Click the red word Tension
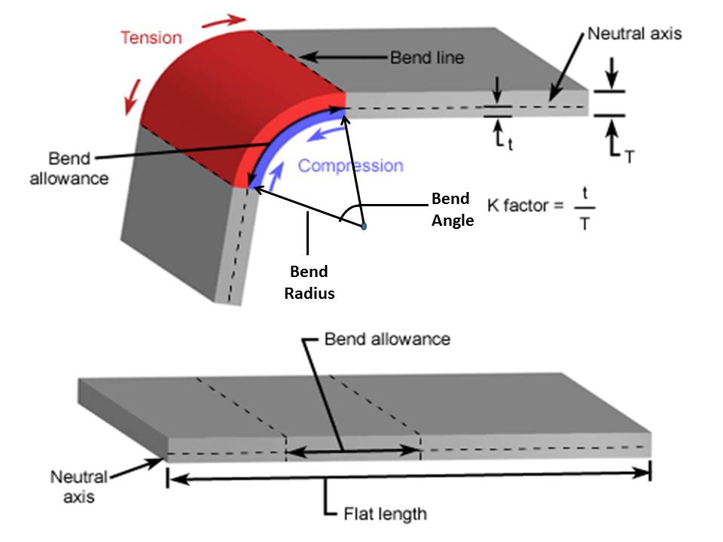(x=151, y=37)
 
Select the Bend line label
(x=426, y=57)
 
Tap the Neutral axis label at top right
(x=634, y=34)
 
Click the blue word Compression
(x=350, y=166)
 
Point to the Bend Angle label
(x=451, y=209)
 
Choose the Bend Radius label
(x=309, y=282)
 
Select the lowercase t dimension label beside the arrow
(x=510, y=145)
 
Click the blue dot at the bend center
(x=363, y=226)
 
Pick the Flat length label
(x=385, y=515)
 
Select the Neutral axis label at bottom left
(x=79, y=486)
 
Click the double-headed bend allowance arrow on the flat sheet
(x=354, y=452)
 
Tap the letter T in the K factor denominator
(x=584, y=224)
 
